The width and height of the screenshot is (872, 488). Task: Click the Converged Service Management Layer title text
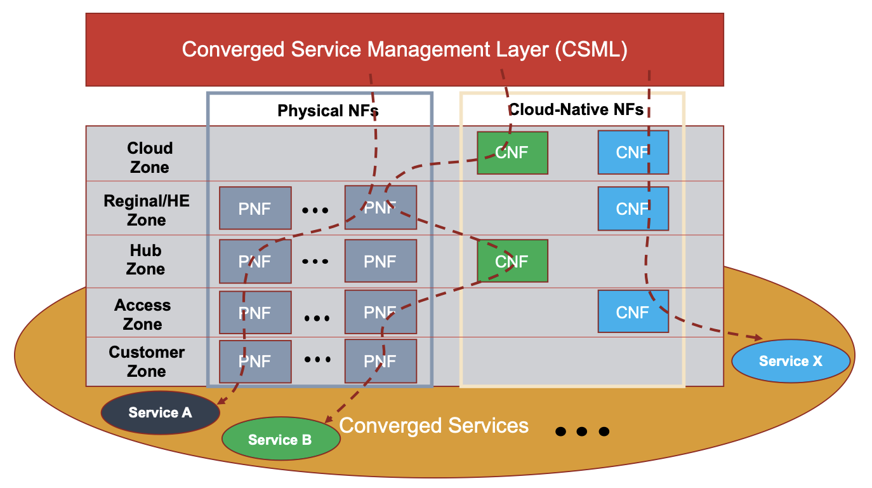click(404, 50)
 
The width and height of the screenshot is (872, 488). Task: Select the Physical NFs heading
click(327, 111)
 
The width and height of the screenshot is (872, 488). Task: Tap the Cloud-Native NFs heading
click(576, 110)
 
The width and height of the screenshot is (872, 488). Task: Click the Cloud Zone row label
click(150, 158)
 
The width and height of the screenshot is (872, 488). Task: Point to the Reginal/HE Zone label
click(147, 210)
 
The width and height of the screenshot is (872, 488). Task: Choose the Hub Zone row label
click(145, 259)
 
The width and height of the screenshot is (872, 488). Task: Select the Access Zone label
click(143, 314)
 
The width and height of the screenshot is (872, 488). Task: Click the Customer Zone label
click(147, 361)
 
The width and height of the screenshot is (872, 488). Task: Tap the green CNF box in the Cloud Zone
click(512, 152)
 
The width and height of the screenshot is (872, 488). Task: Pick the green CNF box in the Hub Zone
click(512, 261)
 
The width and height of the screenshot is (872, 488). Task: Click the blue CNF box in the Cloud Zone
click(633, 152)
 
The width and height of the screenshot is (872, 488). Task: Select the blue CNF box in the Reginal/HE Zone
click(633, 208)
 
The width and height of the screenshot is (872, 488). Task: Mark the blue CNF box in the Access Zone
click(633, 311)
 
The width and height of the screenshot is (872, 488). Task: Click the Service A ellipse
click(160, 413)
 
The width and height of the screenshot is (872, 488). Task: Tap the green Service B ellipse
click(280, 439)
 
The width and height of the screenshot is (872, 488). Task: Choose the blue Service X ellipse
click(790, 362)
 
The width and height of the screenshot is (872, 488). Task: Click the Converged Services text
click(434, 425)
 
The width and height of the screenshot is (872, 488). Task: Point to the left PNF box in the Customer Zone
click(254, 362)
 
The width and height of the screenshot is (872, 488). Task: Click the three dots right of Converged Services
click(582, 431)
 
